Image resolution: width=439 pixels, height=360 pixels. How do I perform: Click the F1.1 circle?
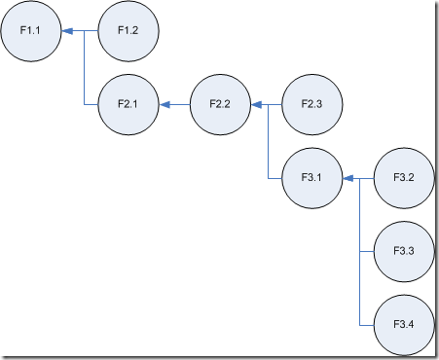tap(31, 31)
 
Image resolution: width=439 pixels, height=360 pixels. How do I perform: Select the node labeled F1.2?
tap(128, 31)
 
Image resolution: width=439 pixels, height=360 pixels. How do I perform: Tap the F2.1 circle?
tap(128, 104)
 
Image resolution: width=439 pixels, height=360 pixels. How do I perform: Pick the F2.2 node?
tap(220, 104)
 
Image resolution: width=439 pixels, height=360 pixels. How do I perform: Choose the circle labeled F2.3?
tap(312, 104)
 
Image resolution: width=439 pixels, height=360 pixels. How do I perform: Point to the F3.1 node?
tap(312, 178)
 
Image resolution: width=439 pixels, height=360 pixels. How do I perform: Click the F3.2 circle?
tap(404, 178)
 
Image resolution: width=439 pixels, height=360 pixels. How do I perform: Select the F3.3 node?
tap(404, 252)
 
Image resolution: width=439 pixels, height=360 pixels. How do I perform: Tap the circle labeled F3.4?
tap(404, 325)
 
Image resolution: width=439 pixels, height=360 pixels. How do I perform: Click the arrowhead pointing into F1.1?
tap(67, 31)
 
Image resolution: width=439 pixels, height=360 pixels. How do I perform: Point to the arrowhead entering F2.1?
tap(165, 104)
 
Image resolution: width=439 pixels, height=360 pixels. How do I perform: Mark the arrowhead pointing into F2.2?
tap(257, 104)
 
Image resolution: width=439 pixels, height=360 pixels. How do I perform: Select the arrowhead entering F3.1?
tap(348, 178)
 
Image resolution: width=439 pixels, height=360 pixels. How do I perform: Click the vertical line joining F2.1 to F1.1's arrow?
tap(85, 68)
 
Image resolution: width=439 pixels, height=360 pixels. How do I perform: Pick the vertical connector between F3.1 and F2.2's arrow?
tap(269, 141)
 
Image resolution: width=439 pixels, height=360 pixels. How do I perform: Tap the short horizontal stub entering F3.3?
tap(367, 252)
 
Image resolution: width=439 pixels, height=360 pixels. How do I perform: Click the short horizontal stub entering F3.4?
tap(367, 325)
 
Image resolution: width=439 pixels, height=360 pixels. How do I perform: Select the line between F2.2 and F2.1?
tap(180, 104)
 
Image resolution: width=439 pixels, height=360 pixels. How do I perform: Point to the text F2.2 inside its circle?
tap(220, 104)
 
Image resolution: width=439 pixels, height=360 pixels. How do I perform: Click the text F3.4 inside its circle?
tap(404, 324)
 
